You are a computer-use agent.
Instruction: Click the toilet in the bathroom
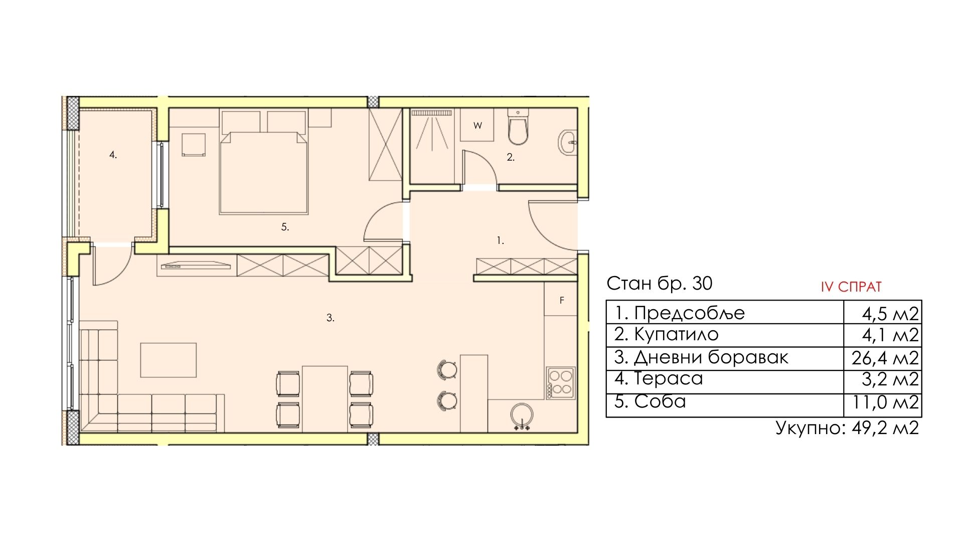coord(518,127)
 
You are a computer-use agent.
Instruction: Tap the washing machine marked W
coord(477,125)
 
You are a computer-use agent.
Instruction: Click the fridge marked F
coord(561,299)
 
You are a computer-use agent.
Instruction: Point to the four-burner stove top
coord(561,383)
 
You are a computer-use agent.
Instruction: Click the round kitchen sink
coord(522,416)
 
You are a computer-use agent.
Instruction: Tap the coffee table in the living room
coord(168,359)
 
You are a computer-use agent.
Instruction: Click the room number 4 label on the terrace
coord(113,155)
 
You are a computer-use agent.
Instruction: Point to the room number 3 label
coord(330,318)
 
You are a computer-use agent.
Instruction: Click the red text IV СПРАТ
coord(851,287)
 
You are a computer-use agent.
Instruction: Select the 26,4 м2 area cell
coord(885,358)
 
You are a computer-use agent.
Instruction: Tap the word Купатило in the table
coord(676,334)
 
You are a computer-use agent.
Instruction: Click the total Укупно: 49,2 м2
coord(847,428)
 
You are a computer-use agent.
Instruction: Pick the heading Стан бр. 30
coord(659,284)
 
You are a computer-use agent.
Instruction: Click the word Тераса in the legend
coord(669,379)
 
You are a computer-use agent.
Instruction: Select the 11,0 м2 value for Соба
coord(885,402)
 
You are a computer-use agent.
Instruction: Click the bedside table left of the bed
coord(194,145)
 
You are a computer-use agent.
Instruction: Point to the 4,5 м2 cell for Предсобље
coord(890,314)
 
